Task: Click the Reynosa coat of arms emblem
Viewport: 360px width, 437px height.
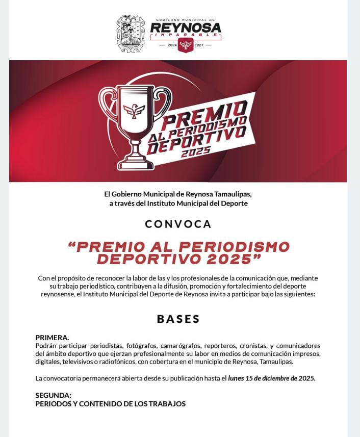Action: click(x=131, y=34)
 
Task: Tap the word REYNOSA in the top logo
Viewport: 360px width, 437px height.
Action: click(x=186, y=27)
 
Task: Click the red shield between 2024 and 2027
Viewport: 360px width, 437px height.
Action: click(x=185, y=45)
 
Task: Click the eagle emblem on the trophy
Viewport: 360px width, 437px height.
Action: click(x=135, y=110)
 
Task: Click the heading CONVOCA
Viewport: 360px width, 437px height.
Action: click(x=178, y=224)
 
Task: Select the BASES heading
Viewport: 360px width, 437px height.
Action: click(x=178, y=319)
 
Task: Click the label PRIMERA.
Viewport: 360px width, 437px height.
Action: click(x=52, y=338)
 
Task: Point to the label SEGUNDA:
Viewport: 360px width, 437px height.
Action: click(x=53, y=395)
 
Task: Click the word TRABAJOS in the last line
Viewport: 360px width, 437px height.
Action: click(x=169, y=403)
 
